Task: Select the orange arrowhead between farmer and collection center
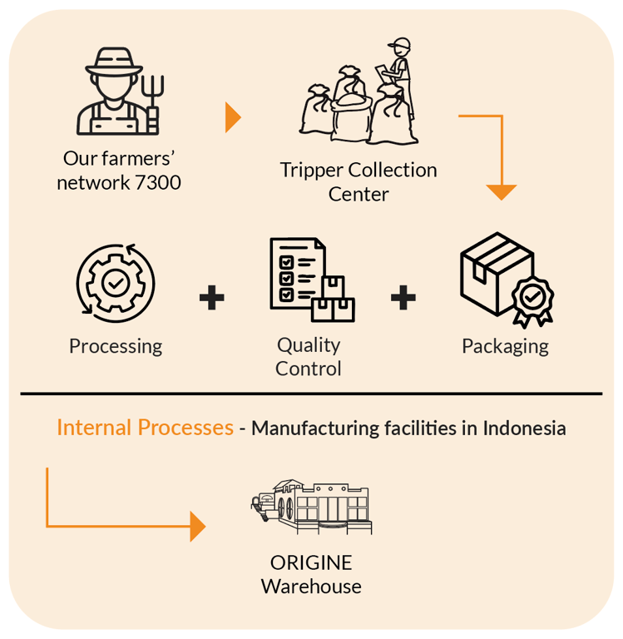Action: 233,118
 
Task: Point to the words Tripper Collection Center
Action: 358,181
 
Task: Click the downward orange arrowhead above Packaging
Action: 501,191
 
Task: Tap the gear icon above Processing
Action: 115,282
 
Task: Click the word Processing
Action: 116,346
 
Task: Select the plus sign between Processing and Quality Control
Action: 212,298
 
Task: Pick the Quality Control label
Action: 309,356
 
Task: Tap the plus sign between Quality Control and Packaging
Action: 403,298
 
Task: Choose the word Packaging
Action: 505,346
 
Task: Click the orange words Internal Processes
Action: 145,428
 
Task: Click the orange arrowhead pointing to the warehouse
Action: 197,526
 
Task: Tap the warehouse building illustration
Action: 311,507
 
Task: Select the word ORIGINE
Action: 311,562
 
